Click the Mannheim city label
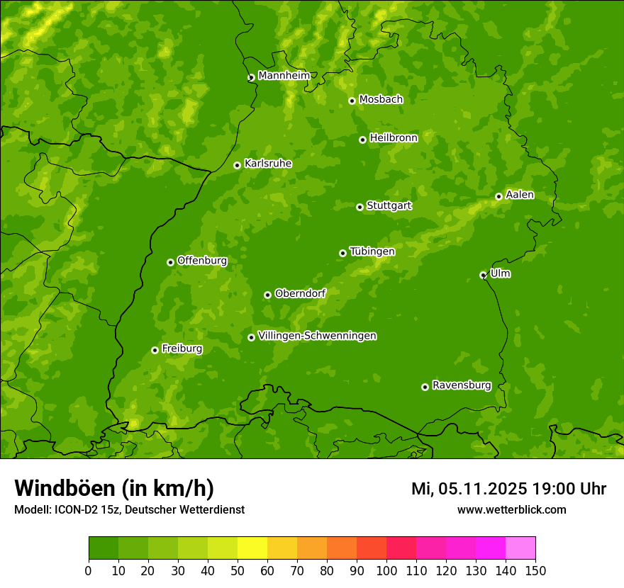(x=284, y=76)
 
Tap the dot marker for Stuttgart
(x=360, y=207)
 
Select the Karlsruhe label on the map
(x=268, y=164)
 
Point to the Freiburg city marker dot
(x=155, y=350)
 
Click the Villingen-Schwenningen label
(x=317, y=336)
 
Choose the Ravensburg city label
(x=462, y=385)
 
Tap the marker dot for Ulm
(x=483, y=275)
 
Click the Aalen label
(x=520, y=195)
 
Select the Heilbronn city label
(x=394, y=138)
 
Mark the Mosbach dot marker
(x=352, y=101)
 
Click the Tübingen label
(x=372, y=251)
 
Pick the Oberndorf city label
(x=300, y=293)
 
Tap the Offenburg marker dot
(x=170, y=262)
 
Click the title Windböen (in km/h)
(x=114, y=488)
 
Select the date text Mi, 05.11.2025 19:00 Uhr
(x=508, y=489)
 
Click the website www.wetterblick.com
(x=511, y=509)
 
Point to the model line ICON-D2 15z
(x=129, y=509)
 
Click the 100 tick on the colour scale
(x=386, y=571)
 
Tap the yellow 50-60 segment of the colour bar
(x=252, y=548)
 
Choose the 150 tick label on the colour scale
(x=535, y=571)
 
